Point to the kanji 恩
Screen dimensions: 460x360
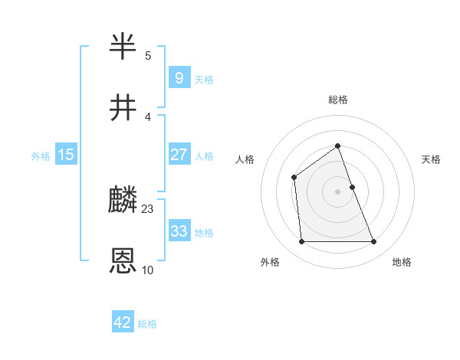pos(123,261)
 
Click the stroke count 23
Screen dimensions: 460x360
pos(148,208)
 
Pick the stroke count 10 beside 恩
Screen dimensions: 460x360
pos(148,270)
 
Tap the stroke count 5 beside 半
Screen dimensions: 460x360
pos(148,55)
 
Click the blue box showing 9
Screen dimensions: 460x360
pos(179,77)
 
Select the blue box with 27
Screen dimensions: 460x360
pos(179,155)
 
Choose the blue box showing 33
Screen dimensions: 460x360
pos(179,231)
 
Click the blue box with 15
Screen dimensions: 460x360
pos(66,155)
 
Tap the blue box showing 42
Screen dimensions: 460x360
pos(123,322)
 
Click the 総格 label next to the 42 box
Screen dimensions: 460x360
pos(147,324)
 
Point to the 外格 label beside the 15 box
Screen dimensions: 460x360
pos(41,156)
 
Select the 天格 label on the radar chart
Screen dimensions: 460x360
pos(432,159)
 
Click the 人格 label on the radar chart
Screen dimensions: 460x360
pos(245,159)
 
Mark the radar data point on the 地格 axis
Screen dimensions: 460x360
pos(374,242)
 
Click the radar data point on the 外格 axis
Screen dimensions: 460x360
pos(301,242)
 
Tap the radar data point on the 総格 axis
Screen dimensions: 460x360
pos(337,146)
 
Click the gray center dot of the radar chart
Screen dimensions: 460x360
pos(337,191)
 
